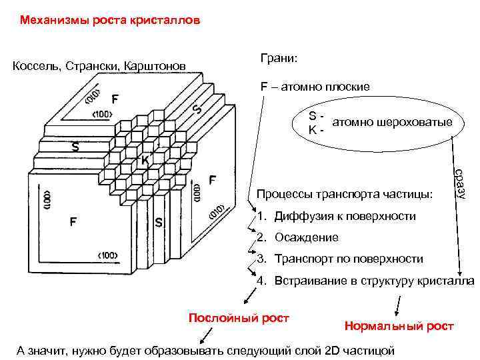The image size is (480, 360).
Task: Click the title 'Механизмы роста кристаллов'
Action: pos(109,21)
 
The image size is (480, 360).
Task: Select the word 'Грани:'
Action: pos(279,59)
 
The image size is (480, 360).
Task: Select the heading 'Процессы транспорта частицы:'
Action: pos(344,195)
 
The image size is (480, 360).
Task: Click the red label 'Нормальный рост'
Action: pos(399,326)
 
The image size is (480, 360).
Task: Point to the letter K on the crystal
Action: pos(145,160)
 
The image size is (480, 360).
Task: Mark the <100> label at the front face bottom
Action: pos(108,255)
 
